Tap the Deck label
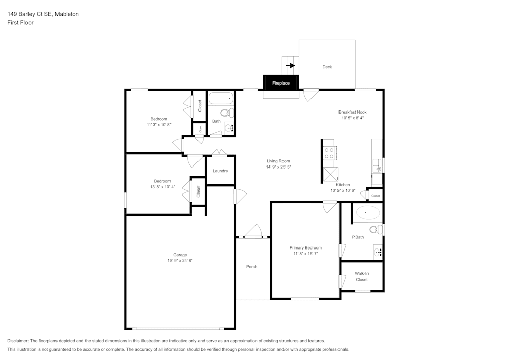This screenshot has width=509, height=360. pos(327,67)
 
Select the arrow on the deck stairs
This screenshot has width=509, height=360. pos(291,66)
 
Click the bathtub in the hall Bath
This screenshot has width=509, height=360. pos(221,98)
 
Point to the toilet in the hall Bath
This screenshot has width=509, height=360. pos(227,113)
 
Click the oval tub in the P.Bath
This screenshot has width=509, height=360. pos(368,213)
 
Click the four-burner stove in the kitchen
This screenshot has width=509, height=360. pos(329,153)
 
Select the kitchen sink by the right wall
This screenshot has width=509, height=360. pos(377,165)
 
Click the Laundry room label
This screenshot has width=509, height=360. pos(220,171)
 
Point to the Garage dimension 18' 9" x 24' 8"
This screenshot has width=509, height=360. pos(180,260)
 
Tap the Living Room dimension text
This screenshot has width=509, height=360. pos(278,167)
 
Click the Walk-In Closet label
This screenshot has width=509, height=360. pos(361,276)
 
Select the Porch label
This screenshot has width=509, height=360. pos(251,267)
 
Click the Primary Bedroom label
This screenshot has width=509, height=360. pos(305,247)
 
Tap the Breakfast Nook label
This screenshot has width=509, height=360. pos(353,112)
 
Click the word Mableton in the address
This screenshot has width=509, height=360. pos(67,14)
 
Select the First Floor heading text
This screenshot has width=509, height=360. pos(20,23)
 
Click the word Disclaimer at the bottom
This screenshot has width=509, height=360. pos(18,341)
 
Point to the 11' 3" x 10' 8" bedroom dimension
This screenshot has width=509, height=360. pos(159,124)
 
